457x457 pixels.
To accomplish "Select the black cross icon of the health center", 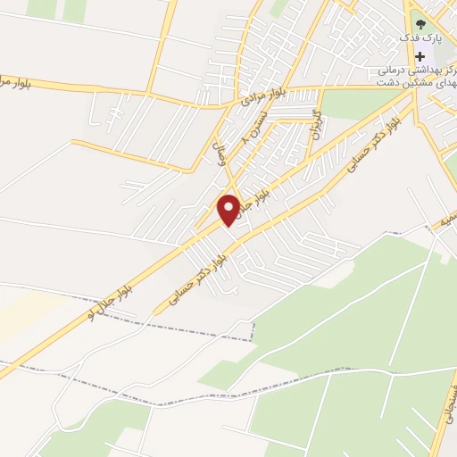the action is (420, 54).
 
